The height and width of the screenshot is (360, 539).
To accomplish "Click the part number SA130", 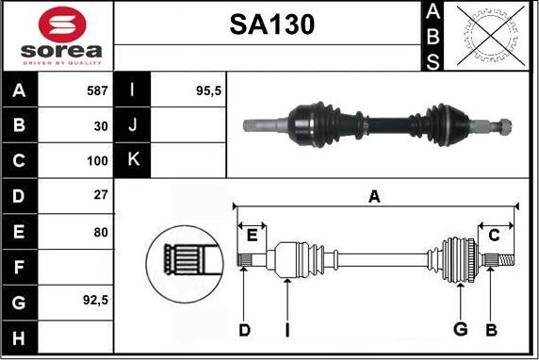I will tap(271, 25).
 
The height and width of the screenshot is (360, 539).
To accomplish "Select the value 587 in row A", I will tap(97, 91).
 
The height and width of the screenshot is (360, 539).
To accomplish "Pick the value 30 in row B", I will tap(101, 124).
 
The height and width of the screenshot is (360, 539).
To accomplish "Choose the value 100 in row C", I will tap(97, 160).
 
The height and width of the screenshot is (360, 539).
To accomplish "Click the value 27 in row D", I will tap(101, 195).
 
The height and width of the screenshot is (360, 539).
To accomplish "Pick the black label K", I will tap(131, 160).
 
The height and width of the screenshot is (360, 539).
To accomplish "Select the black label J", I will tap(131, 124).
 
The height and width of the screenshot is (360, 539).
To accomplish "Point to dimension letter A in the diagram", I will tap(374, 196).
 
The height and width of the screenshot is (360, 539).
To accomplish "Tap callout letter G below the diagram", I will tap(460, 328).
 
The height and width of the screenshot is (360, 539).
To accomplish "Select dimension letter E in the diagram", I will tap(252, 234).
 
